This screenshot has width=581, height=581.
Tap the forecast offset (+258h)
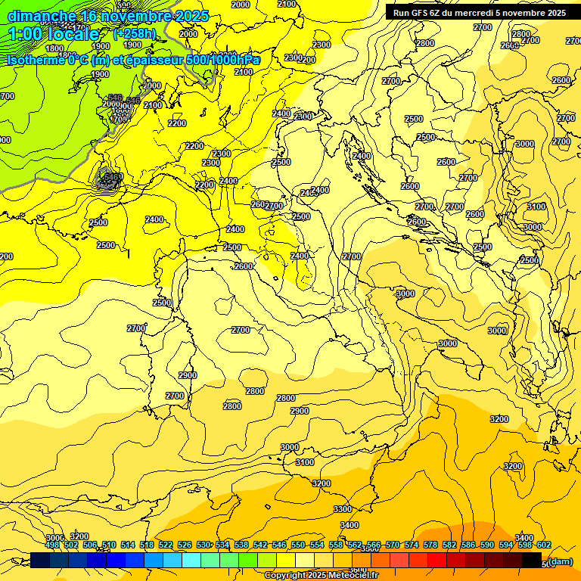pos(135,33)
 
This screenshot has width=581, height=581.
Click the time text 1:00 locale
pos(54,34)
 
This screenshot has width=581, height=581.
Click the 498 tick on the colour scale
pos(52,545)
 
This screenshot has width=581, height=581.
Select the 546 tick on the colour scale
pos(279,545)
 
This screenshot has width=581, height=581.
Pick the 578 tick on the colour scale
pos(430,545)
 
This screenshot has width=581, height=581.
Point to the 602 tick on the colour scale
pos(544,545)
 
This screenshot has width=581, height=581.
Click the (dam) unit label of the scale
pos(560,561)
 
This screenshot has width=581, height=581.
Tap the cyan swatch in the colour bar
pos(191,560)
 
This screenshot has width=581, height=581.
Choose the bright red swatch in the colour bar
pos(437,560)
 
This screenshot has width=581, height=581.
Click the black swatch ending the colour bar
pos(532,560)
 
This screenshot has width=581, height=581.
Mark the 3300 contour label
pos(342,509)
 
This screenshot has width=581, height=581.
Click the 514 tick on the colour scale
pos(128,545)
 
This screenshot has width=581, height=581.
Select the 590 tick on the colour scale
pos(487,545)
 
